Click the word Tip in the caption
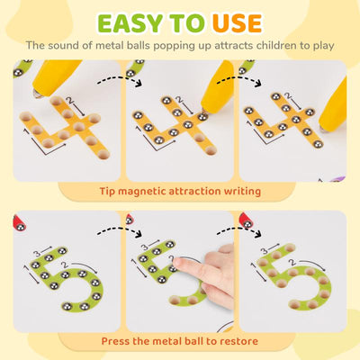click(112, 191)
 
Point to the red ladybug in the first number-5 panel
click(22, 220)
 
